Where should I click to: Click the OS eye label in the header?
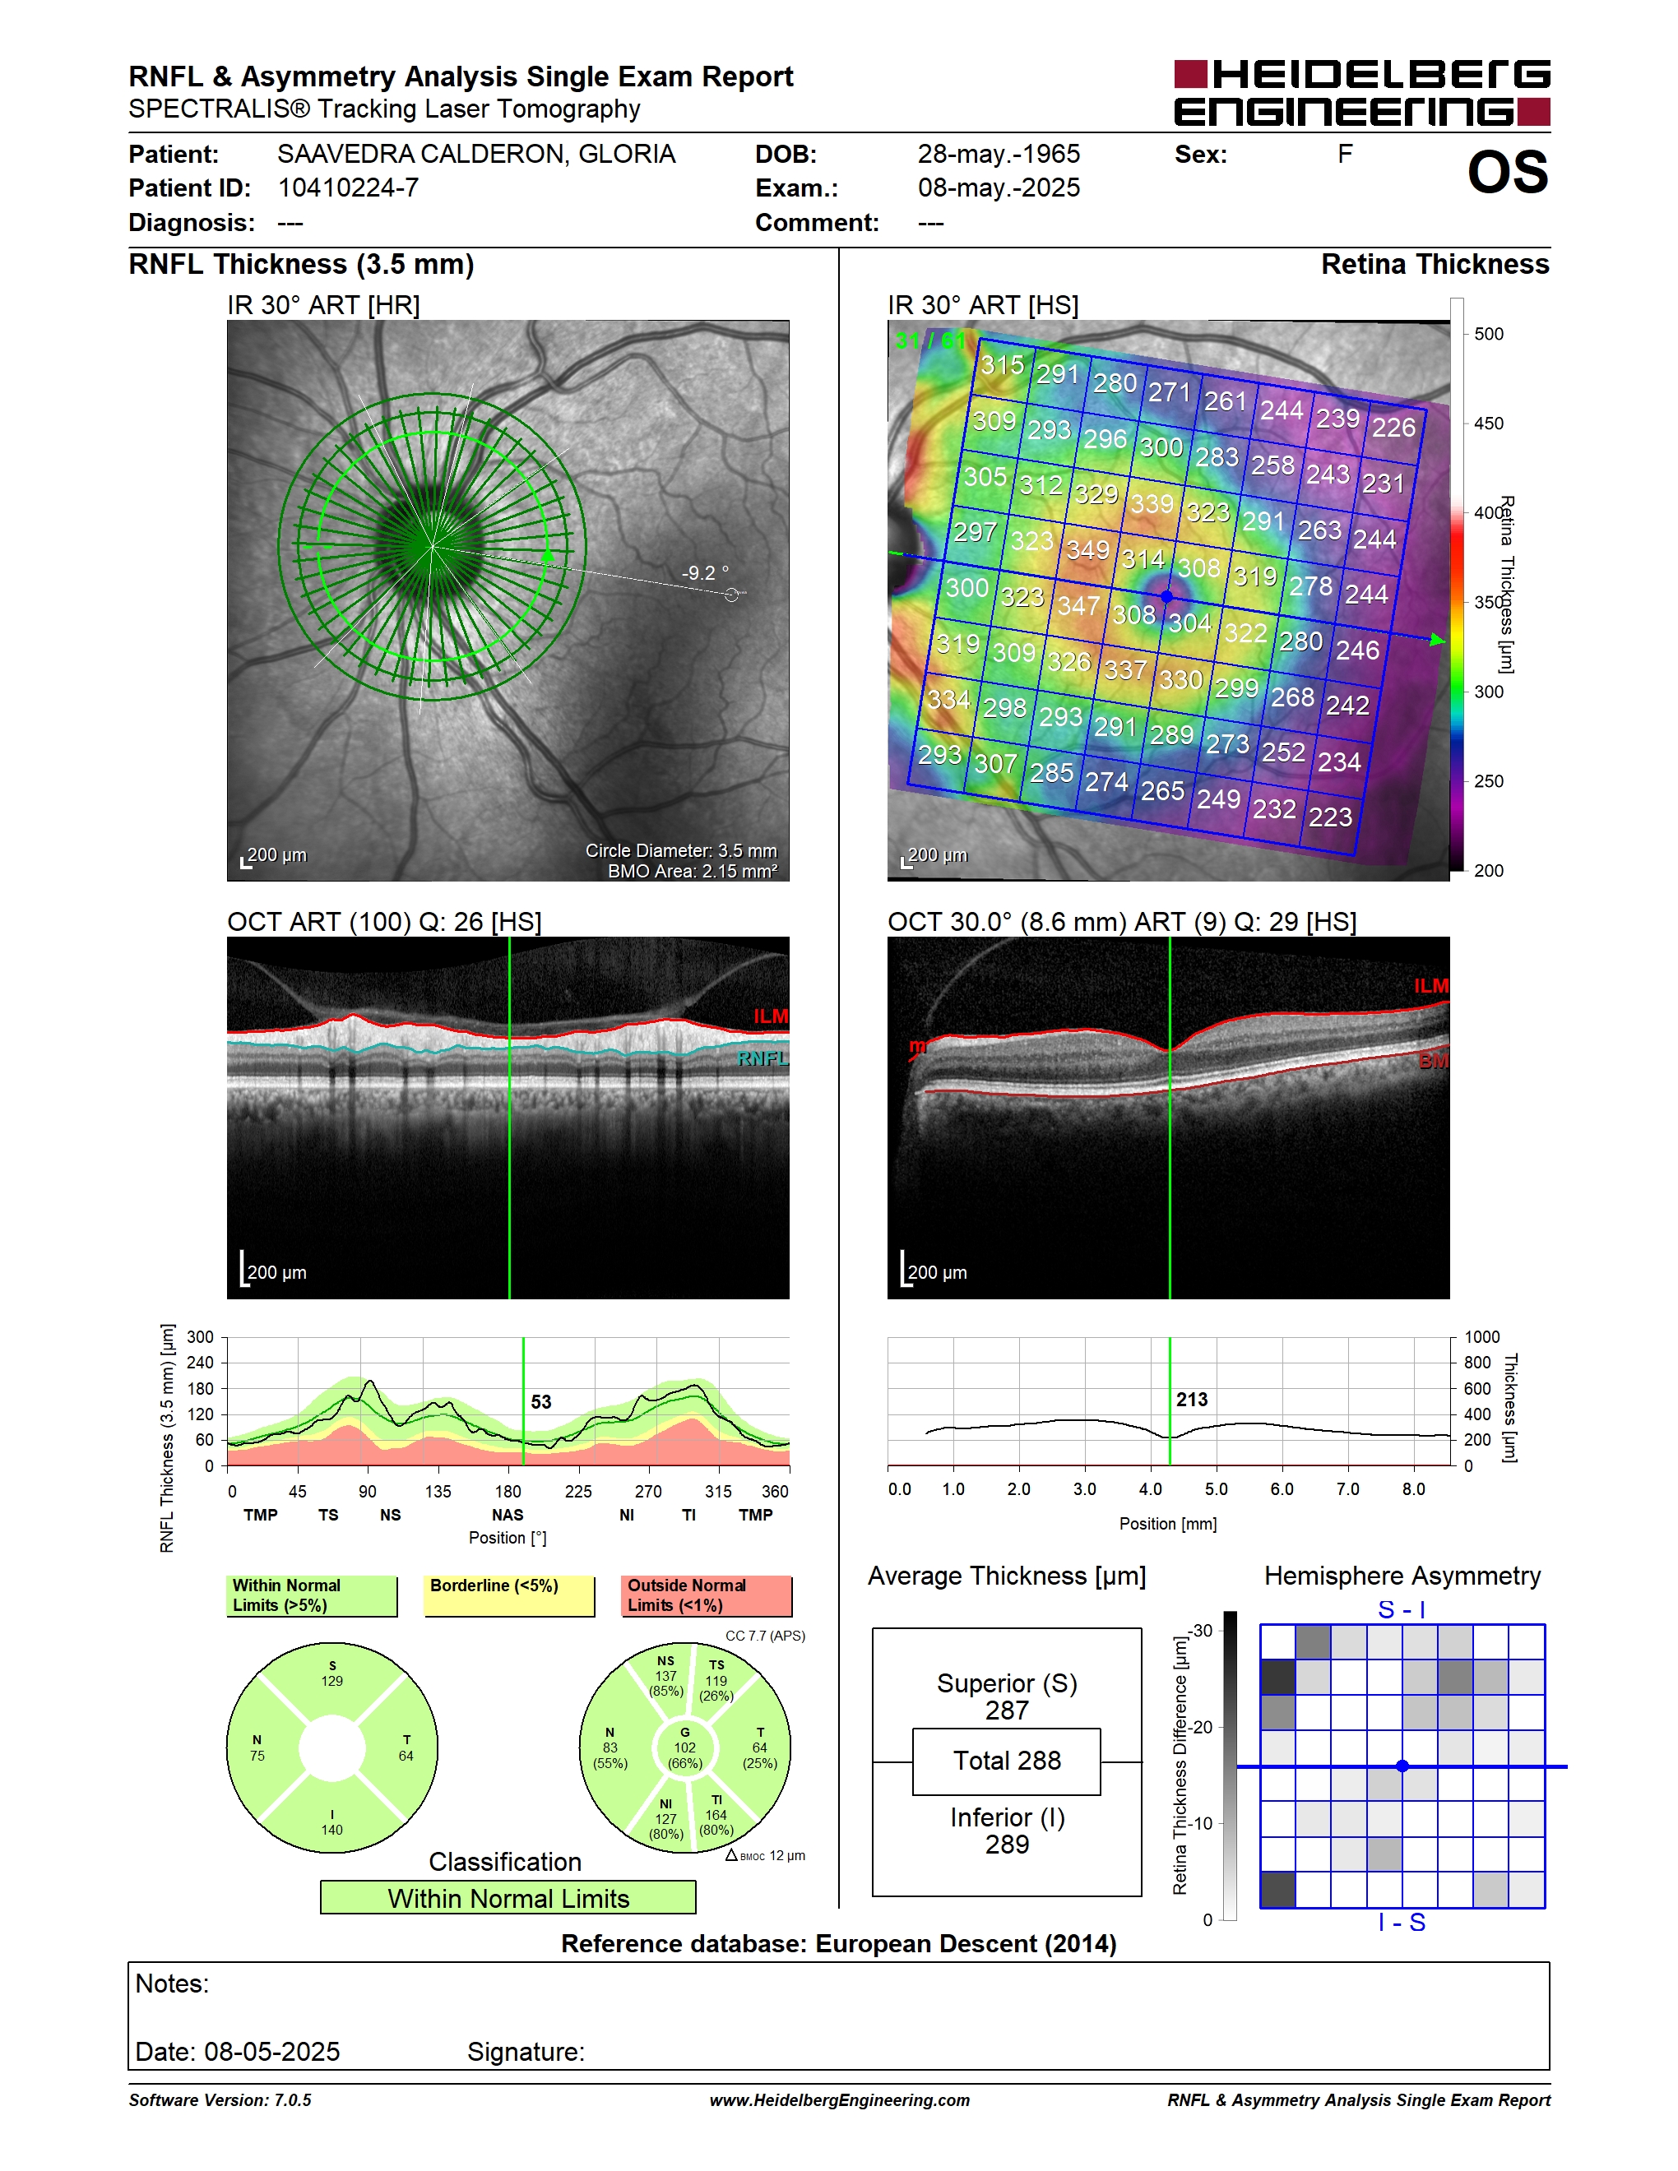click(1507, 172)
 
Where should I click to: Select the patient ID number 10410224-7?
click(348, 187)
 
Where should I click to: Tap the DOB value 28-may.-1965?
click(998, 154)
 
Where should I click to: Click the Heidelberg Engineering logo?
click(1362, 92)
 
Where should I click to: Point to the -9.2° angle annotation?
click(705, 572)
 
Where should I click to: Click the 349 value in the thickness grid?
click(1087, 549)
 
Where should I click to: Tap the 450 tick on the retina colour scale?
click(1487, 424)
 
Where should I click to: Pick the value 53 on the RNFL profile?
click(540, 1401)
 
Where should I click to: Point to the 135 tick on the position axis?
click(438, 1491)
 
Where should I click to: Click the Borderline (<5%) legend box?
click(509, 1595)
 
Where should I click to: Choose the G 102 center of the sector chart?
click(685, 1747)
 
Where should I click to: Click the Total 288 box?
click(1006, 1761)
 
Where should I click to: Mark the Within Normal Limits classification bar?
click(508, 1898)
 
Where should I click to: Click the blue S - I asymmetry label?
click(1402, 1609)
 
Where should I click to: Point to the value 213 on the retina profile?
click(1192, 1400)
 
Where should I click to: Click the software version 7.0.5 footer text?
click(220, 2099)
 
